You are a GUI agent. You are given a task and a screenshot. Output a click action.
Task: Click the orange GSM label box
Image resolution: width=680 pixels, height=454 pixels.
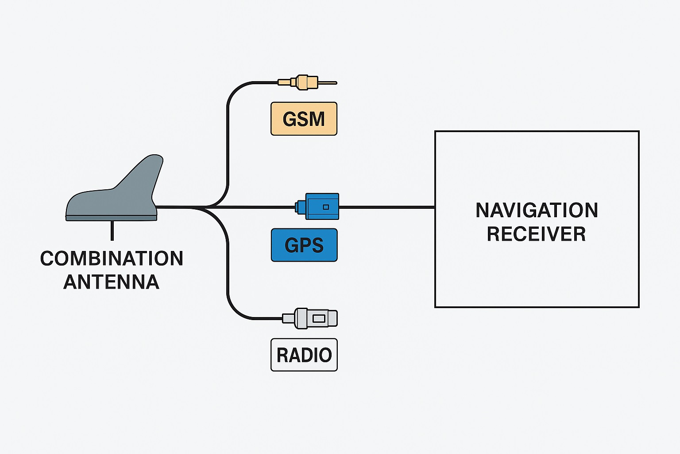304,119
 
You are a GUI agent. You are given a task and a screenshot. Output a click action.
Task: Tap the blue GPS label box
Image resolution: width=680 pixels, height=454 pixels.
304,245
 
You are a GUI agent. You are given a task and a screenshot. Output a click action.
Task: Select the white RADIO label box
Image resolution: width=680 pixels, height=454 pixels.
304,355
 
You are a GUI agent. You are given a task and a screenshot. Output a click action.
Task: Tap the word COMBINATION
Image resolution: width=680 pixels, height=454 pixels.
112,258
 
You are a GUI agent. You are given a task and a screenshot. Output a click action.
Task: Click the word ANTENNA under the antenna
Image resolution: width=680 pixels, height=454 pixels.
112,282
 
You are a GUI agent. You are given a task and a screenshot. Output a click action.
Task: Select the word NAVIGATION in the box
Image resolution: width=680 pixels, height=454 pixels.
537,210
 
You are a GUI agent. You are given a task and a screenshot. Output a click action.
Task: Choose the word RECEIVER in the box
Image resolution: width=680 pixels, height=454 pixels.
537,234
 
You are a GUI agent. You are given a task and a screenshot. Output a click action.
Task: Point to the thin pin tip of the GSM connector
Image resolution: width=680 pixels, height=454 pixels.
330,83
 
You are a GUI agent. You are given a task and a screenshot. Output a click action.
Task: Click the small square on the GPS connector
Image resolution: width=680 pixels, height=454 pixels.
326,207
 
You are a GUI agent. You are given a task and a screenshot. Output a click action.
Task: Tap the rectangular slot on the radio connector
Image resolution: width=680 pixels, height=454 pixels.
319,318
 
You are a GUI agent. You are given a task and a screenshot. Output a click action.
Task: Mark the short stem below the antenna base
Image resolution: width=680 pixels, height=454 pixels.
112,231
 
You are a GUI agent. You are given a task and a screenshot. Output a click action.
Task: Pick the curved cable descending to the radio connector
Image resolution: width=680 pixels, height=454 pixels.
228,275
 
